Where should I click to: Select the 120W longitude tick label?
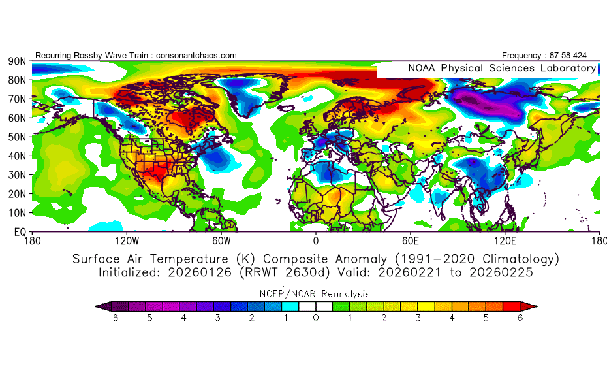(127, 240)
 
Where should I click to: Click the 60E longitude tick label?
(410, 240)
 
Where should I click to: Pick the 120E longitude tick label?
(505, 240)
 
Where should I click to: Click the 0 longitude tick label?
(316, 240)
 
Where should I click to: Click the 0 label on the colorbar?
(316, 318)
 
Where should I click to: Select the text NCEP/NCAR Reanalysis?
(316, 293)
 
